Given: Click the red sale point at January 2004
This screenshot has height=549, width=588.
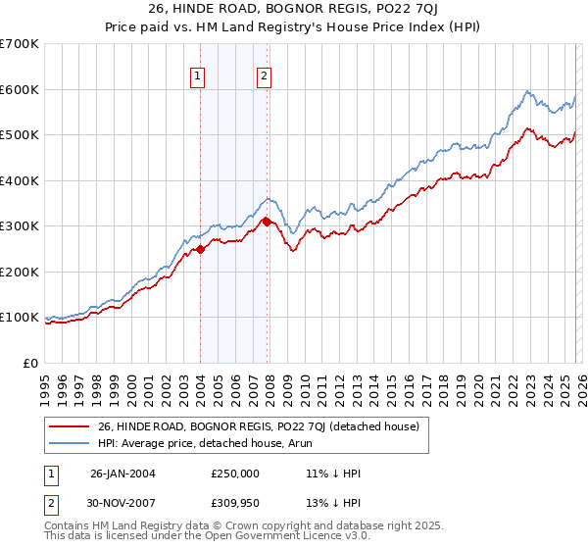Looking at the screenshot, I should click(201, 249).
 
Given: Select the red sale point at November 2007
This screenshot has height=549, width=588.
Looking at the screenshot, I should click(267, 222).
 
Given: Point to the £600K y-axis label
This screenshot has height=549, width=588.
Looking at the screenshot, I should click(20, 89).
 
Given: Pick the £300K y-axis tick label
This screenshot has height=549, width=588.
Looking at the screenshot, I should click(20, 226).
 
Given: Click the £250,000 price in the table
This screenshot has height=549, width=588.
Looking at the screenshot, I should click(236, 473).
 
